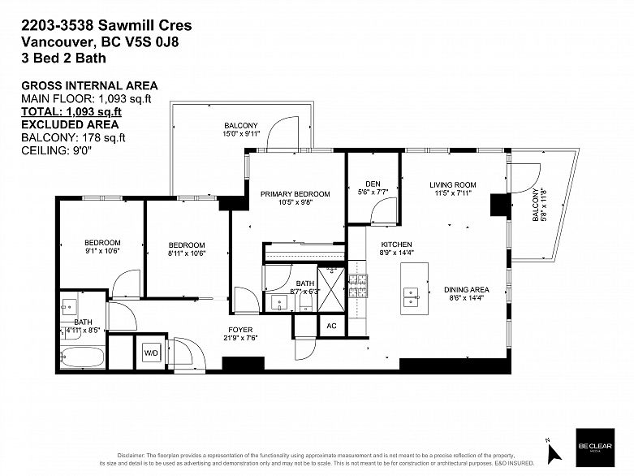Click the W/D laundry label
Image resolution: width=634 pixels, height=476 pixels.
click(x=151, y=353)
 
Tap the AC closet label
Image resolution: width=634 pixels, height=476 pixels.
click(x=331, y=325)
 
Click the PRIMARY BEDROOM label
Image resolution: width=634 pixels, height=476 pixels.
click(x=295, y=194)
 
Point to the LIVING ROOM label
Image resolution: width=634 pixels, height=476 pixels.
click(x=452, y=185)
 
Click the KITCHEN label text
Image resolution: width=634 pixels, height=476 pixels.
click(x=397, y=244)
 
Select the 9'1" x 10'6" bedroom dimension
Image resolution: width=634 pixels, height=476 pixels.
click(x=102, y=253)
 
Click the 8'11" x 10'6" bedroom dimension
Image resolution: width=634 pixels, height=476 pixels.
click(x=186, y=255)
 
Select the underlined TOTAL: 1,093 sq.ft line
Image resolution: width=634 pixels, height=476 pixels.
click(x=71, y=111)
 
